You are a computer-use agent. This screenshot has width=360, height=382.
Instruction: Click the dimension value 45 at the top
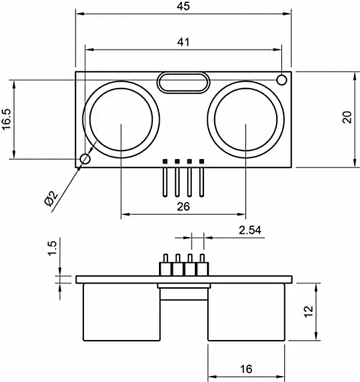(x=183, y=7)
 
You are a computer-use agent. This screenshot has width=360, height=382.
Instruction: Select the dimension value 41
(x=183, y=43)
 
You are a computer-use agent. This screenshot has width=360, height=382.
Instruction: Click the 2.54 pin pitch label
(x=251, y=230)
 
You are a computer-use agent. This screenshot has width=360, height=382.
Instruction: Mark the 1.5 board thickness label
(x=52, y=248)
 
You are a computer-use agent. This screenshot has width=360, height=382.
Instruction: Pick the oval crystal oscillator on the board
(x=183, y=82)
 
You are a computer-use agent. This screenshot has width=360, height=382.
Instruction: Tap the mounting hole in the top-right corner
(x=282, y=80)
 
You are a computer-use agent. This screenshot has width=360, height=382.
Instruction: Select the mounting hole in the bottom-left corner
(x=85, y=158)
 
